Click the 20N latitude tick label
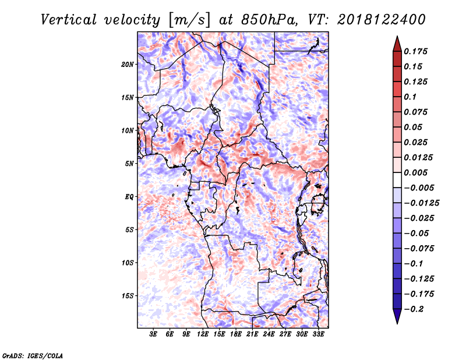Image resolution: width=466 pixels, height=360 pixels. [128, 65]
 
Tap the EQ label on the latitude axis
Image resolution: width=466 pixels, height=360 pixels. [129, 197]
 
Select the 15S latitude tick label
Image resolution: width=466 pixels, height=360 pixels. [128, 296]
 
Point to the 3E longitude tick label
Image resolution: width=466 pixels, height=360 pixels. [153, 334]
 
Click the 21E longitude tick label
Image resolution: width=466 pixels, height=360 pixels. [252, 334]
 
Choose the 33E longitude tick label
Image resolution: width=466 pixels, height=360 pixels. [318, 334]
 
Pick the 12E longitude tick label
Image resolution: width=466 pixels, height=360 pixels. [202, 334]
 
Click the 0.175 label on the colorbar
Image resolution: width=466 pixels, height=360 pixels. [416, 51]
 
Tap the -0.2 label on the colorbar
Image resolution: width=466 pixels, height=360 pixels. [414, 309]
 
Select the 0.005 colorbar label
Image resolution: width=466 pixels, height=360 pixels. [416, 172]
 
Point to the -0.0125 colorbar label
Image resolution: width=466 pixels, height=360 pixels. [422, 203]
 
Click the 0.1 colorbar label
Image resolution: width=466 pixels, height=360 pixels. [410, 97]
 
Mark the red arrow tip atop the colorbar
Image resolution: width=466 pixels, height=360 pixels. [397, 36]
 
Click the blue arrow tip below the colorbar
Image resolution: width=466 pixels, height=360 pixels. [397, 323]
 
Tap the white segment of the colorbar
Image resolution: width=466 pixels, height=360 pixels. [397, 180]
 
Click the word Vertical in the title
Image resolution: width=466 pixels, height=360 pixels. [69, 20]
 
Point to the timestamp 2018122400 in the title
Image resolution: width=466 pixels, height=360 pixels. [382, 20]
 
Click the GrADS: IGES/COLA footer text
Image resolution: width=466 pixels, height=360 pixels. [33, 355]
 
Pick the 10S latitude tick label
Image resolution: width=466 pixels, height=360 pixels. [128, 263]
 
